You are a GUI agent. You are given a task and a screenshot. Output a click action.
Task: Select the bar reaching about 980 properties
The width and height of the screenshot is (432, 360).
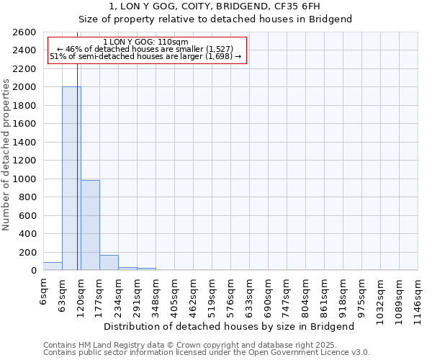(x=90, y=225)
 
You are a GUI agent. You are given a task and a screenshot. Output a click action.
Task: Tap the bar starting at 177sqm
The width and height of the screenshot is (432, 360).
(x=109, y=263)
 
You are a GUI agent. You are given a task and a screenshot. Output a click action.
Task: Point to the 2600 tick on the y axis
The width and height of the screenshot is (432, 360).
(x=24, y=32)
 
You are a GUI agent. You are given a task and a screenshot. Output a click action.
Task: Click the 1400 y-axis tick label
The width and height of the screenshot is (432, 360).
(x=24, y=142)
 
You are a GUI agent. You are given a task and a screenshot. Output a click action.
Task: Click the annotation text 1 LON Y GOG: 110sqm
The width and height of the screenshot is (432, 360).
(x=145, y=42)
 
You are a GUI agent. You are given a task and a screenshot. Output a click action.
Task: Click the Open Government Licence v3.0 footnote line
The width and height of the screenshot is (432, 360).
(x=206, y=353)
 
